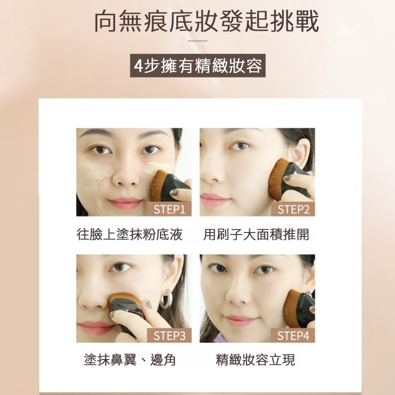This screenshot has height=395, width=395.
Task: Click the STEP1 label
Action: point(169,209)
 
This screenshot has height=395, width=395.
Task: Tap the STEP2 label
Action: point(293,209)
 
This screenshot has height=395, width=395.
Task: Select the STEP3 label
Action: point(169,336)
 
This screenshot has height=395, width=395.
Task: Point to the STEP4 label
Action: point(293,336)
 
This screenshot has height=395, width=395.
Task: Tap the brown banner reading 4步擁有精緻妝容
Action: point(197,66)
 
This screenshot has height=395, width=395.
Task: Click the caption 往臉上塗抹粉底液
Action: point(129,235)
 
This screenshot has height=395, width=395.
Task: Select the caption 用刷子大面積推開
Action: point(256,235)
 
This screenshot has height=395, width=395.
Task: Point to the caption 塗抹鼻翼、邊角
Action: point(130,360)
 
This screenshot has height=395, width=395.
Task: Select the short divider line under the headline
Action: point(197,41)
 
